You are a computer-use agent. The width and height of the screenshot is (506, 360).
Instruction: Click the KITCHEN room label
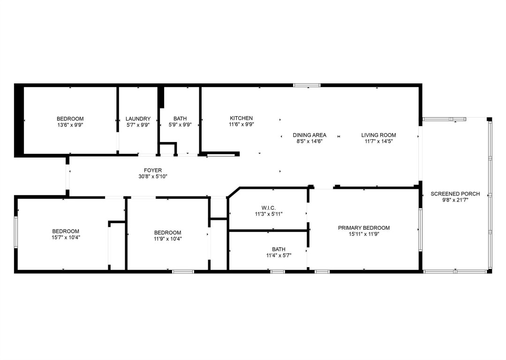(x=241, y=118)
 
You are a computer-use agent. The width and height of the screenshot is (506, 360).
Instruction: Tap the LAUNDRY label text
(x=138, y=119)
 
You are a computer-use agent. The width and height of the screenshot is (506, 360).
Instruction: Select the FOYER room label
(x=153, y=170)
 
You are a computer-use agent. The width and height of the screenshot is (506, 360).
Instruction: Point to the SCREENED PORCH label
(x=455, y=194)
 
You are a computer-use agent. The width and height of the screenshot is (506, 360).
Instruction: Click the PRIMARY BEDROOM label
(x=364, y=228)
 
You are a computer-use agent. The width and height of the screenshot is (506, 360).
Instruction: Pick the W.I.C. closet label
(x=268, y=208)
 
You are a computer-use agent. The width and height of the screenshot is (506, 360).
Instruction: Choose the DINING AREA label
(x=310, y=135)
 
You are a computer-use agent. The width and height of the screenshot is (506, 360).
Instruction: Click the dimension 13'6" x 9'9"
(x=70, y=125)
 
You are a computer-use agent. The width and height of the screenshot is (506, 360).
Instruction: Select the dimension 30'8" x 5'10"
(x=153, y=177)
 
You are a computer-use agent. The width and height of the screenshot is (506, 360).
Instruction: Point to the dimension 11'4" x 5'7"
(x=279, y=255)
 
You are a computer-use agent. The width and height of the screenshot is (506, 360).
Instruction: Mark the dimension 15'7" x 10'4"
(x=66, y=238)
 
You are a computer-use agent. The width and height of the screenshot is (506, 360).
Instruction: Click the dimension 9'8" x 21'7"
(x=455, y=200)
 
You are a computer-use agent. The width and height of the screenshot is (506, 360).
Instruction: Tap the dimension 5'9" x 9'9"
(x=180, y=125)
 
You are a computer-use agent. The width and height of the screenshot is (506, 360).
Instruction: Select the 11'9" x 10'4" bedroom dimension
(x=167, y=239)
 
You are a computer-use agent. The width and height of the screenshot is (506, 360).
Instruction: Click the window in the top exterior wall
(x=307, y=85)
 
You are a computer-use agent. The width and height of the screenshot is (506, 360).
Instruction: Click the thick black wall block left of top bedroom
(x=19, y=120)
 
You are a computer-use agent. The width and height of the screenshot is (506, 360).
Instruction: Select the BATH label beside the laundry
(x=180, y=119)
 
